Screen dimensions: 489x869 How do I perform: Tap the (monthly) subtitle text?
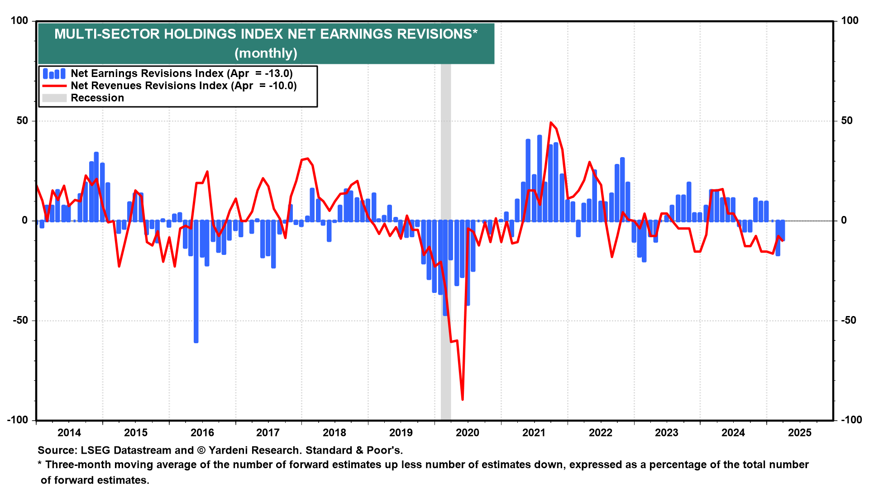click(266, 53)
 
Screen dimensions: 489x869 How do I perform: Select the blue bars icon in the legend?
click(54, 73)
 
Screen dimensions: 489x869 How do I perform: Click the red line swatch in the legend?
click(54, 86)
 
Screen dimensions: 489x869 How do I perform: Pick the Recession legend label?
click(97, 98)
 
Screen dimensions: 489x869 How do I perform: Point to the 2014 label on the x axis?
click(69, 432)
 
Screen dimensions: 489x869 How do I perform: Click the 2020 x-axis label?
click(468, 432)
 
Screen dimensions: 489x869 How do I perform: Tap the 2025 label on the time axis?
click(800, 432)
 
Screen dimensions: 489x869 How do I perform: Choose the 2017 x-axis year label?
click(268, 432)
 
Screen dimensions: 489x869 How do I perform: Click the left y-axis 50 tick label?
click(22, 120)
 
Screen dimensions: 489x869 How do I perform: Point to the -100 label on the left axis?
click(18, 420)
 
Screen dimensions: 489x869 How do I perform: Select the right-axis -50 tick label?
click(849, 320)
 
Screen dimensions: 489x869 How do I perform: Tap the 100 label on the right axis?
click(850, 20)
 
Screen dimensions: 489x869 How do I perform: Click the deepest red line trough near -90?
click(462, 399)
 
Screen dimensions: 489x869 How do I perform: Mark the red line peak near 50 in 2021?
click(551, 123)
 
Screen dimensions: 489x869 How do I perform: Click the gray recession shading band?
click(446, 136)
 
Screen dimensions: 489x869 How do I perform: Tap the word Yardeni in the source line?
click(230, 450)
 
